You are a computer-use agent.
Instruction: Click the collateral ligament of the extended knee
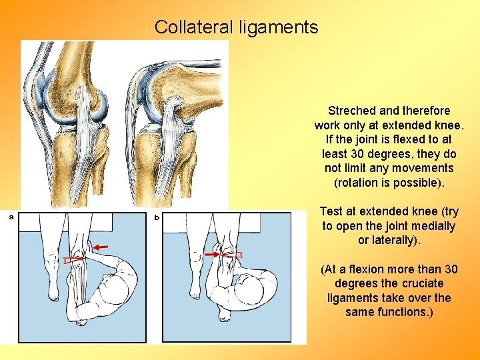[x=87, y=120]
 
